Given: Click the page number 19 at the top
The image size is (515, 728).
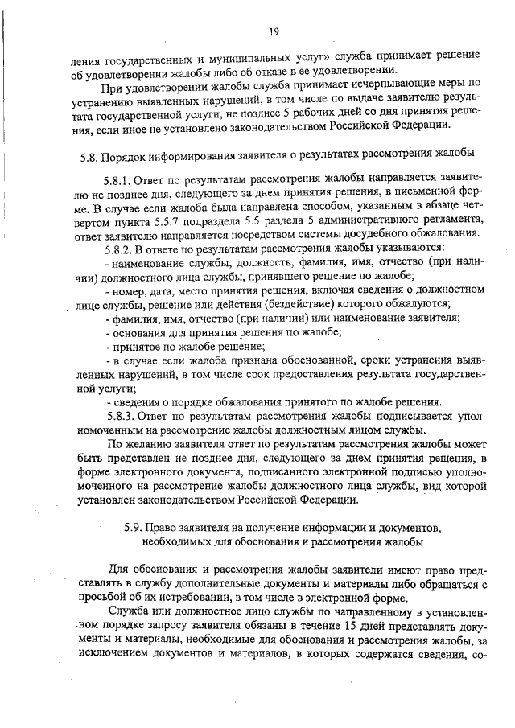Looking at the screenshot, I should pyautogui.click(x=274, y=31).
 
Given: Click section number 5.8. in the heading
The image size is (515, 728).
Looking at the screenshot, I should pyautogui.click(x=90, y=153).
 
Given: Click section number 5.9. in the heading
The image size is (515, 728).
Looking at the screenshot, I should pyautogui.click(x=138, y=527).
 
